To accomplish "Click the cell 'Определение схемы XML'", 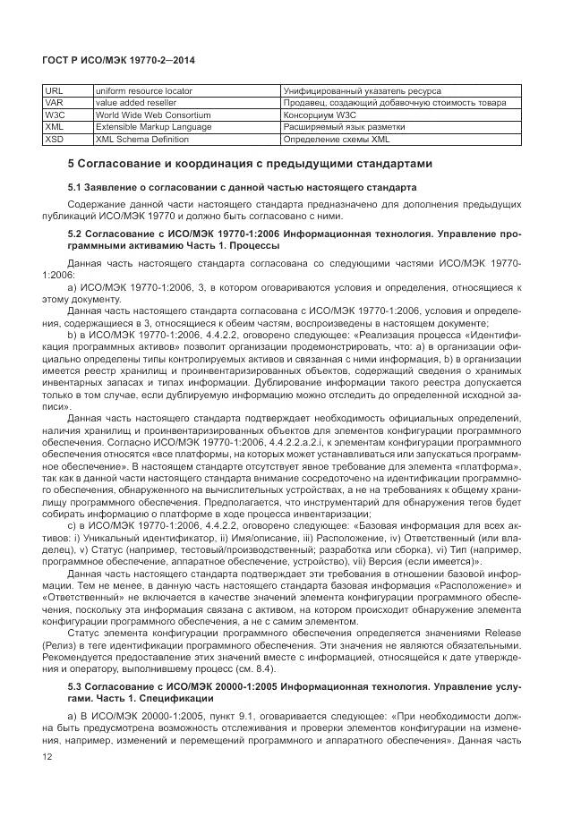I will (336, 140).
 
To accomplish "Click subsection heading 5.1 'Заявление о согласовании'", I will (242, 188).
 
